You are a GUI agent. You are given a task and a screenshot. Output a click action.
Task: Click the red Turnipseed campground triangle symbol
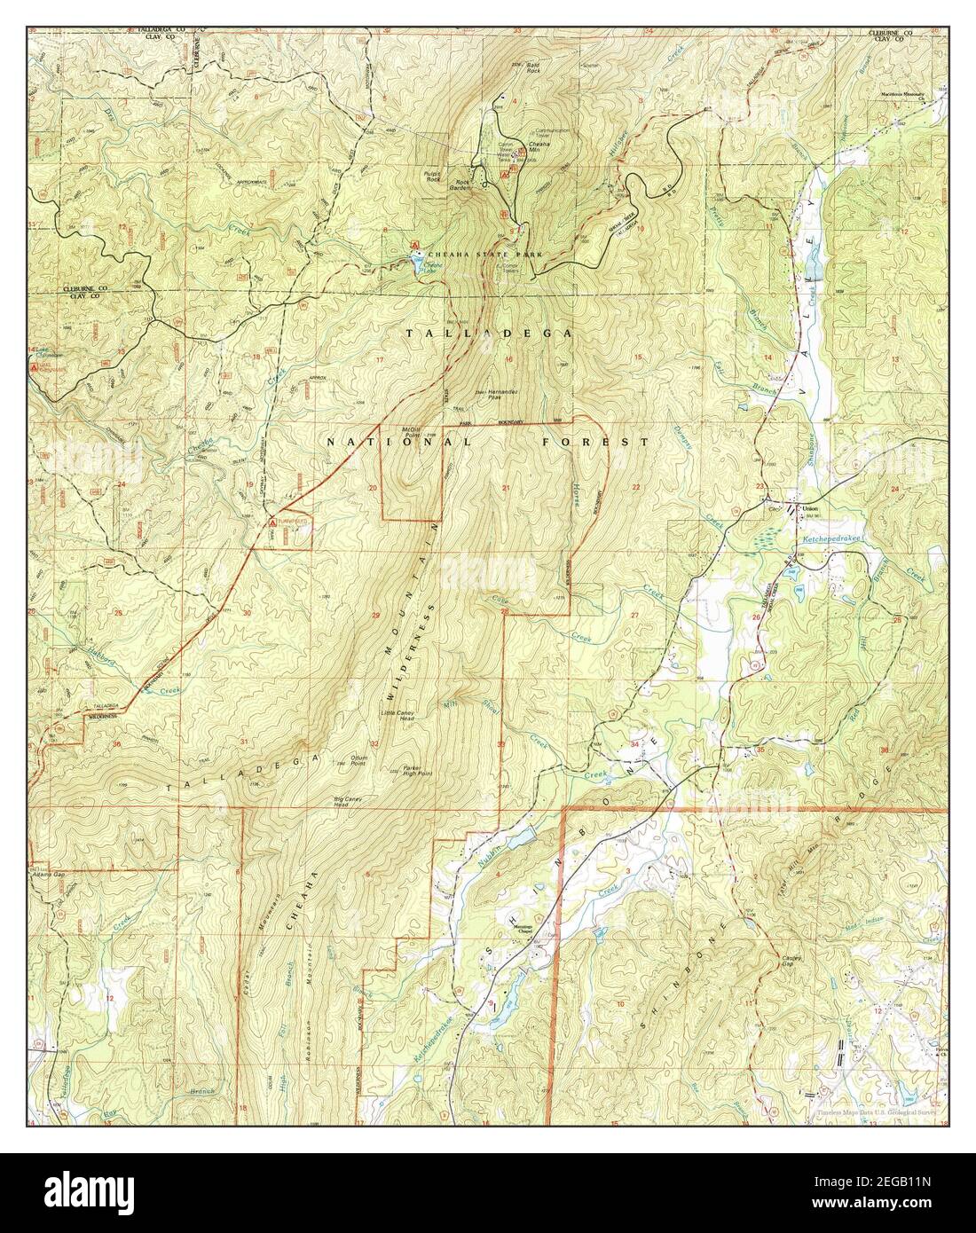tap(272, 524)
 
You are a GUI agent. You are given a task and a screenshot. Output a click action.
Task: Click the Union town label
tap(808, 508)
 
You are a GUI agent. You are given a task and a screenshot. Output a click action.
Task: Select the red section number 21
tap(506, 489)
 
